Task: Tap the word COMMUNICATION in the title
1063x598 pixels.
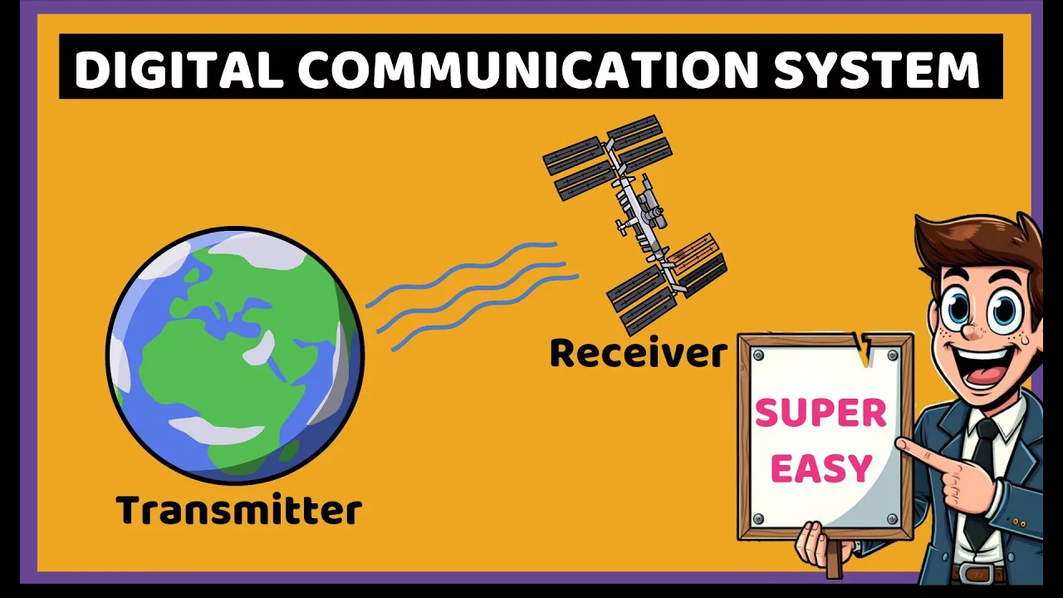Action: coord(528,70)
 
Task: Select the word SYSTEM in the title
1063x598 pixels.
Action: coord(877,70)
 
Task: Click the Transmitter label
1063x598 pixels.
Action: coord(239,510)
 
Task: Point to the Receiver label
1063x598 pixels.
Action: coord(639,353)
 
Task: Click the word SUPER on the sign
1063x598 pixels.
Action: coord(821,413)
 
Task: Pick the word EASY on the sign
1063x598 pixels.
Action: coord(821,468)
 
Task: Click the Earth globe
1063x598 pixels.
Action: coord(235,355)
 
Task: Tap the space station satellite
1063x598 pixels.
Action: coord(635,225)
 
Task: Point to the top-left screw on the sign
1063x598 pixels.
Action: coord(758,355)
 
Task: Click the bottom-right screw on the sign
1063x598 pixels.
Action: coord(892,518)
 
